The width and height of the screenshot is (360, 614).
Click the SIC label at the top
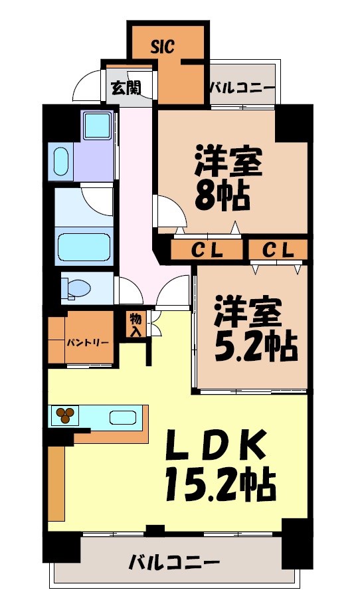(x=162, y=47)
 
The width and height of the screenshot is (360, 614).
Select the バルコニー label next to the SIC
(x=242, y=87)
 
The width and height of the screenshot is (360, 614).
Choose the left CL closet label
(x=207, y=251)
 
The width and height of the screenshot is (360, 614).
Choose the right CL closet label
(x=278, y=251)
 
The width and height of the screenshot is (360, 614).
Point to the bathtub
(x=85, y=247)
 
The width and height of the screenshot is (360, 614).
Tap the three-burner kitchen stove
(x=65, y=416)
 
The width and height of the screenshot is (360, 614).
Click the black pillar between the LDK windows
(x=155, y=530)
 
